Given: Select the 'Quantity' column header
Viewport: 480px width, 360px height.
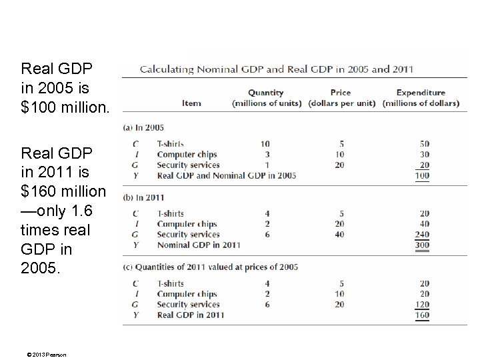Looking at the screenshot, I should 265,93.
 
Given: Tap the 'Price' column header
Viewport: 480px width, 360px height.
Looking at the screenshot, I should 340,93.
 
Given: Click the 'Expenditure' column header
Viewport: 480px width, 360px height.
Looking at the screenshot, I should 420,93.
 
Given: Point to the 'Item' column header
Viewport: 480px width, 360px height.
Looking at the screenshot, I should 191,103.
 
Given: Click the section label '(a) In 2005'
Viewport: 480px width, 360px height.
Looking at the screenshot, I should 144,127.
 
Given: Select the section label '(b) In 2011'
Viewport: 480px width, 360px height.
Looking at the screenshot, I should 144,197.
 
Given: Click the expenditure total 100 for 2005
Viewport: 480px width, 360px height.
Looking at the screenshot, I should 421,176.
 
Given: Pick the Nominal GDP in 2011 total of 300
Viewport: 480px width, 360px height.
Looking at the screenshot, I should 421,245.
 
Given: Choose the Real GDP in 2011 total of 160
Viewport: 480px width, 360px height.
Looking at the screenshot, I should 421,315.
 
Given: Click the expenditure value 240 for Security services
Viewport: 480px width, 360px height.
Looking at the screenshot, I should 421,235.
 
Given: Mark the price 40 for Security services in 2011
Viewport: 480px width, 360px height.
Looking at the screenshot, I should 340,235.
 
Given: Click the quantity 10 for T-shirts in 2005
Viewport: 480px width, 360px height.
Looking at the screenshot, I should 265,144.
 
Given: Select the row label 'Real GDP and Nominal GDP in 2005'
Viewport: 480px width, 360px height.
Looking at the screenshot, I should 227,176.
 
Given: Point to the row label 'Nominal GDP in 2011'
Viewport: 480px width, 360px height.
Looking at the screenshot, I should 199,245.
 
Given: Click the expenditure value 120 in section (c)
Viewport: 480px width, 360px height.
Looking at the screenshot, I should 421,305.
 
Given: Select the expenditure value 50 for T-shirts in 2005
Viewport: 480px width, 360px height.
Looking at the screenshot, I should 424,144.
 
